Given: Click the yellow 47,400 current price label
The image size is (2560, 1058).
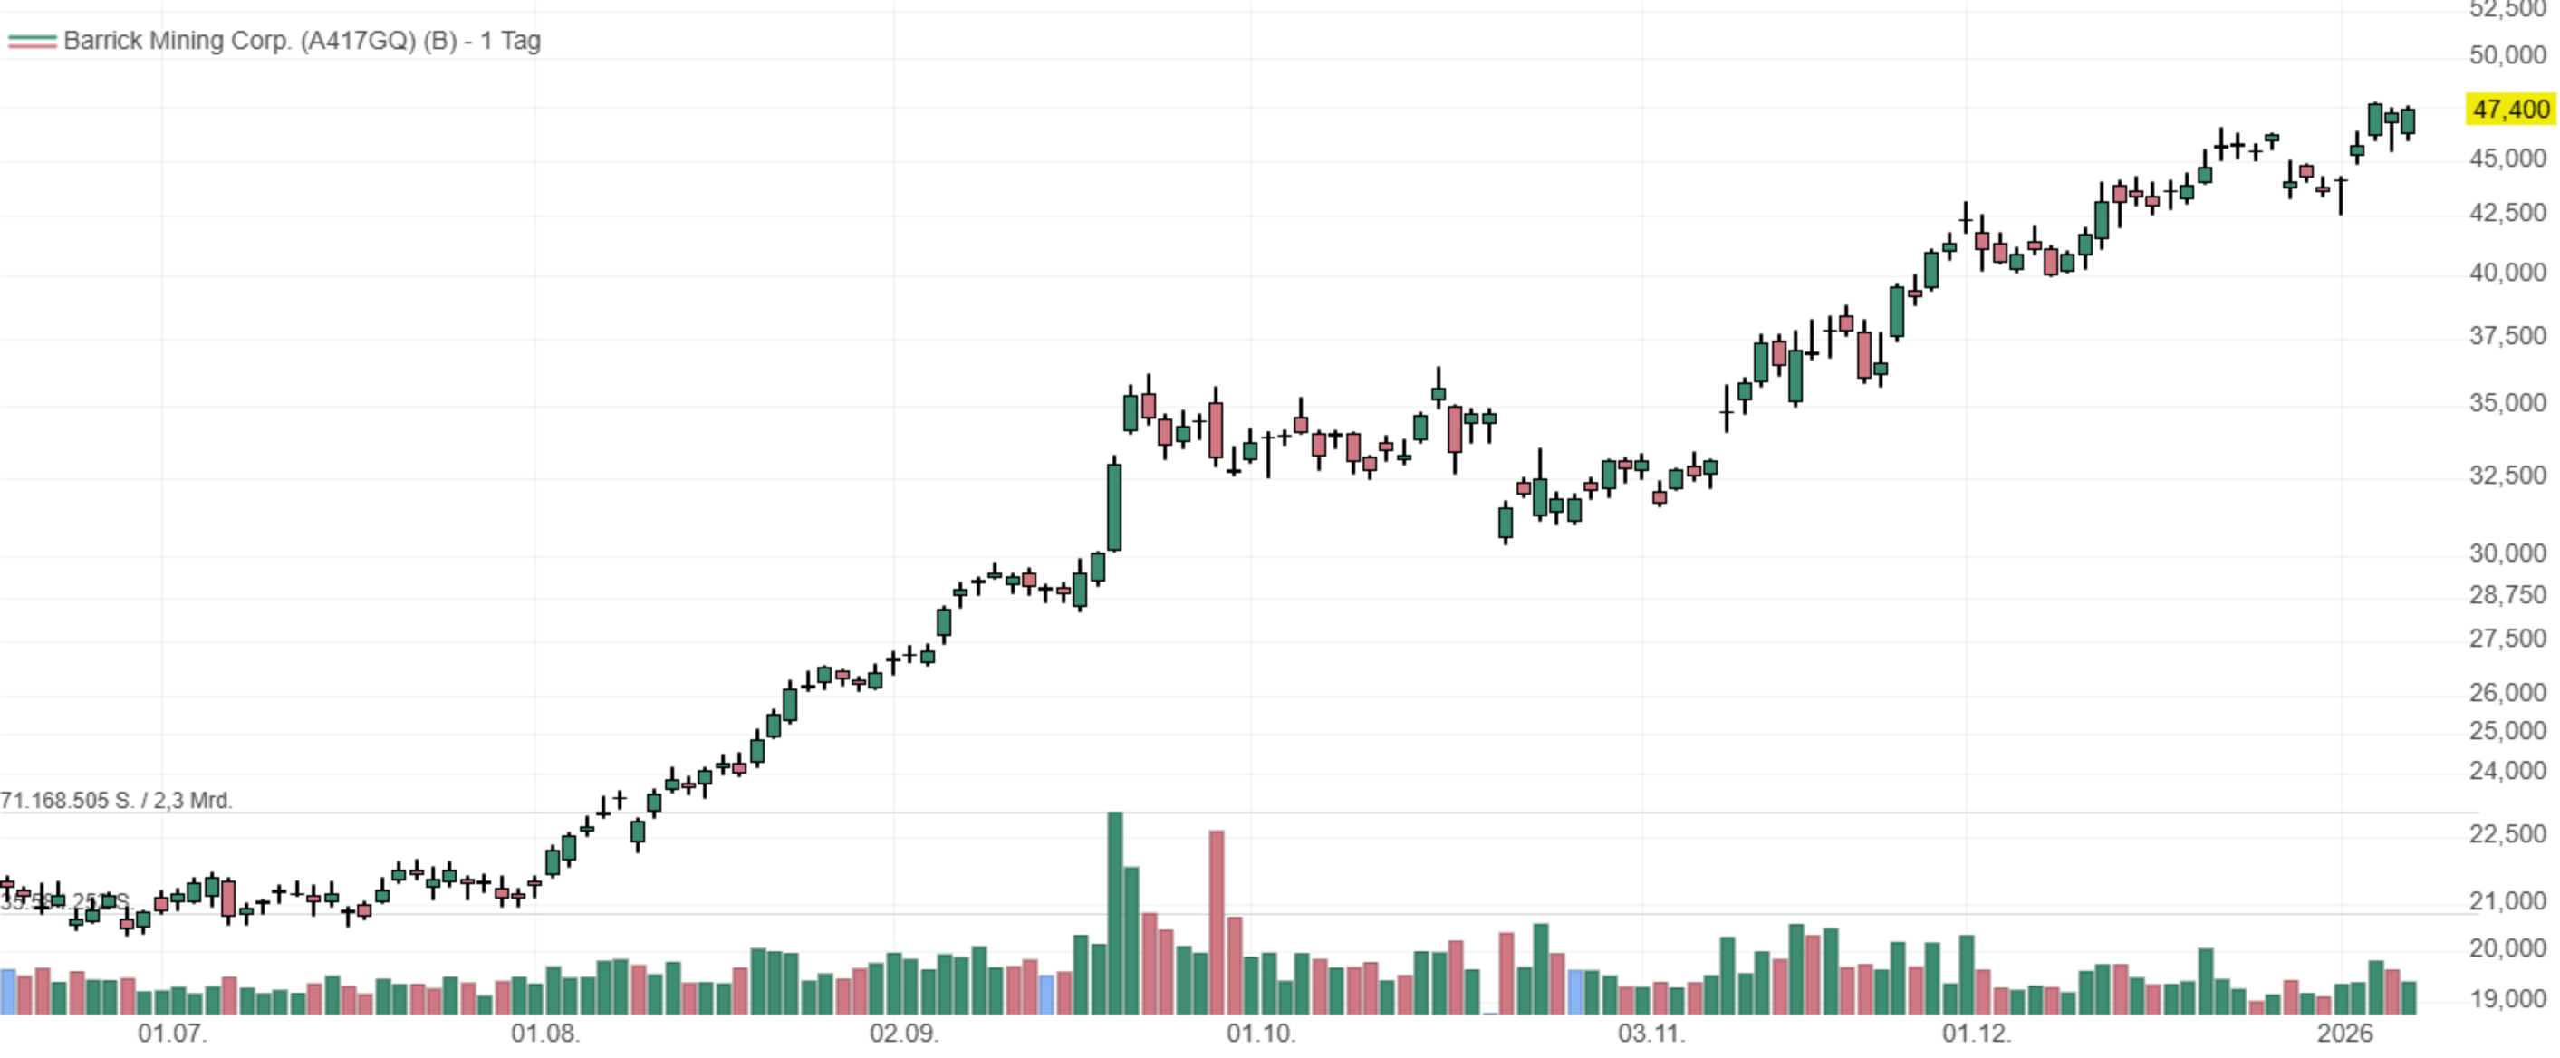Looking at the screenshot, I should [x=2510, y=109].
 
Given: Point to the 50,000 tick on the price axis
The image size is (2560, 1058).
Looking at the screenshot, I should [x=2507, y=55].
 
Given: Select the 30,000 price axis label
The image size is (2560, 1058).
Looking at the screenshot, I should [x=2507, y=553].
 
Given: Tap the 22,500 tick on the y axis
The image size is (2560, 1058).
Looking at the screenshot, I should [x=2507, y=833].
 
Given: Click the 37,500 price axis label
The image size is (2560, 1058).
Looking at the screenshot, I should [x=2507, y=336].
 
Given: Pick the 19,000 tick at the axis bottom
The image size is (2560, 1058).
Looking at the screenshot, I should [x=2507, y=998].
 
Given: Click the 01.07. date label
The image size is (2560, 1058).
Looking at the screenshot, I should [x=172, y=1034].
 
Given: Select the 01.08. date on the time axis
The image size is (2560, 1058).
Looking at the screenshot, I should [x=544, y=1034].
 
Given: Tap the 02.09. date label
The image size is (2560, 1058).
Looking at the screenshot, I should [x=903, y=1034].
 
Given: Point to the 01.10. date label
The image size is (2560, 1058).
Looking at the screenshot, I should [x=1260, y=1034].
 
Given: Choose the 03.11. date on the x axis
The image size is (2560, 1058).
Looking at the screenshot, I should [x=1651, y=1034].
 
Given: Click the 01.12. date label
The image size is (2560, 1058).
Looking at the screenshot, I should [x=1976, y=1034].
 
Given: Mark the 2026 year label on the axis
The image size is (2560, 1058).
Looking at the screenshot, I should [x=2344, y=1034].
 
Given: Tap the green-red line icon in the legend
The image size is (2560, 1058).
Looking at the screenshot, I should [x=32, y=42].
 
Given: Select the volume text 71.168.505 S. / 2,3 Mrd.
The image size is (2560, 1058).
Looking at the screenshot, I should [x=116, y=800].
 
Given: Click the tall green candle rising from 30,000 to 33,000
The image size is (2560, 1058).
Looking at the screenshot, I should [x=1115, y=506].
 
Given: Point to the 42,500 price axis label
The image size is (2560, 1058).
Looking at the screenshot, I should [x=2507, y=213].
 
